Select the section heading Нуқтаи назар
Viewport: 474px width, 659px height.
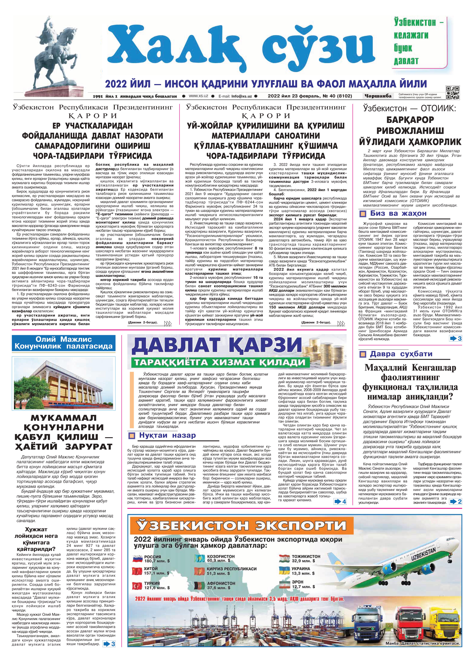tap(167, 435)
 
